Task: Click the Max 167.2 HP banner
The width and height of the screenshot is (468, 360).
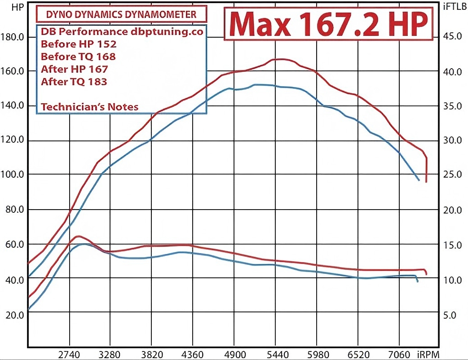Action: [x=328, y=25]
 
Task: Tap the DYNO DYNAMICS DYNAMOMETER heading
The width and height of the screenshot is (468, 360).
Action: [x=122, y=14]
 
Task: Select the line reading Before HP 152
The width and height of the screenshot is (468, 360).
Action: [x=79, y=44]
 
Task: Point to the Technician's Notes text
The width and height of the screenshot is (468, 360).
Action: [x=89, y=107]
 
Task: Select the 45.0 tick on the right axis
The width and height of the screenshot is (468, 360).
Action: [x=453, y=36]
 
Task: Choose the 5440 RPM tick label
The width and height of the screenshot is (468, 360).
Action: [x=277, y=354]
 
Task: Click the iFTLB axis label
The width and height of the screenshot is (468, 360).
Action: [x=455, y=7]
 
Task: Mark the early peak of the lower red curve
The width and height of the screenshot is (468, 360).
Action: [x=78, y=236]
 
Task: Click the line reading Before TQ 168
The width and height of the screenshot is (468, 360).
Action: [x=78, y=57]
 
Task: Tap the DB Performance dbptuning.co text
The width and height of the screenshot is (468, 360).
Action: [x=122, y=32]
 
